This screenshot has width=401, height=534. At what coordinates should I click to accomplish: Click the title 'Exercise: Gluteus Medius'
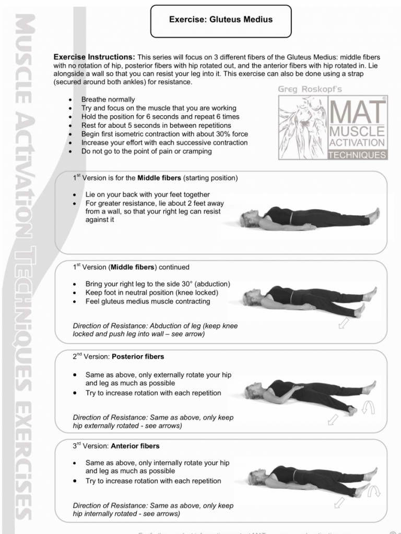[x=220, y=20]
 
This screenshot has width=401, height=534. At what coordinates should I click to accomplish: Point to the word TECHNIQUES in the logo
[x=357, y=155]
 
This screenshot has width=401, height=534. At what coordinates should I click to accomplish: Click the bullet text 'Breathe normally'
[x=108, y=99]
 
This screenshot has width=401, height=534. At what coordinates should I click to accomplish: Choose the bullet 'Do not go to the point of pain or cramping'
[x=147, y=151]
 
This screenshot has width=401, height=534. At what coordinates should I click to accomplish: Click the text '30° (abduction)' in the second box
[x=205, y=284]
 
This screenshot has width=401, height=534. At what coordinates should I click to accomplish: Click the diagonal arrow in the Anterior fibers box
[x=340, y=502]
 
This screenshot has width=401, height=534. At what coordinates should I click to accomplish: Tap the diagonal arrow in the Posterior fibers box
[x=333, y=419]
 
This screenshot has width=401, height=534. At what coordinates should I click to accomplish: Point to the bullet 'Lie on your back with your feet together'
[x=148, y=195]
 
